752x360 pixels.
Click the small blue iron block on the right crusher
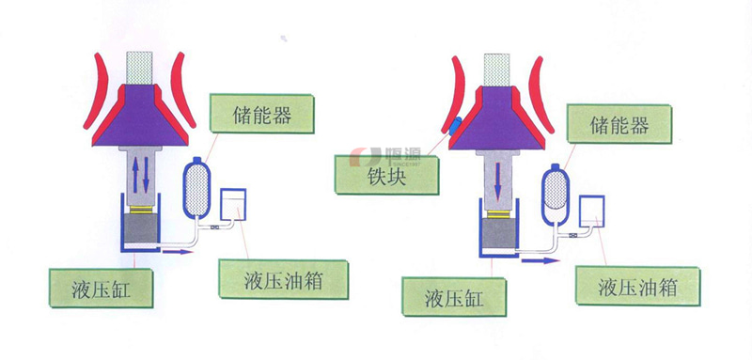tap(455, 127)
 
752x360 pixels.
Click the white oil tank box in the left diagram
tap(233, 205)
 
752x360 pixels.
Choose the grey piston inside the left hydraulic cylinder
tap(139, 226)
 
